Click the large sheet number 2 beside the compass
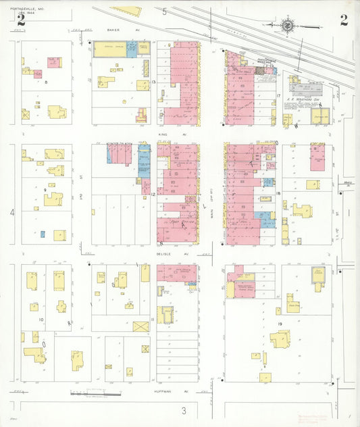click(344, 20)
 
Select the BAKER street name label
click(113, 30)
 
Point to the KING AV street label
click(162, 134)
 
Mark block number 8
click(46, 82)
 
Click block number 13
click(153, 82)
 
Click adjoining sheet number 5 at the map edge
click(163, 11)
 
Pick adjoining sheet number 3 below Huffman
click(182, 409)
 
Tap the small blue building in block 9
click(42, 234)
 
